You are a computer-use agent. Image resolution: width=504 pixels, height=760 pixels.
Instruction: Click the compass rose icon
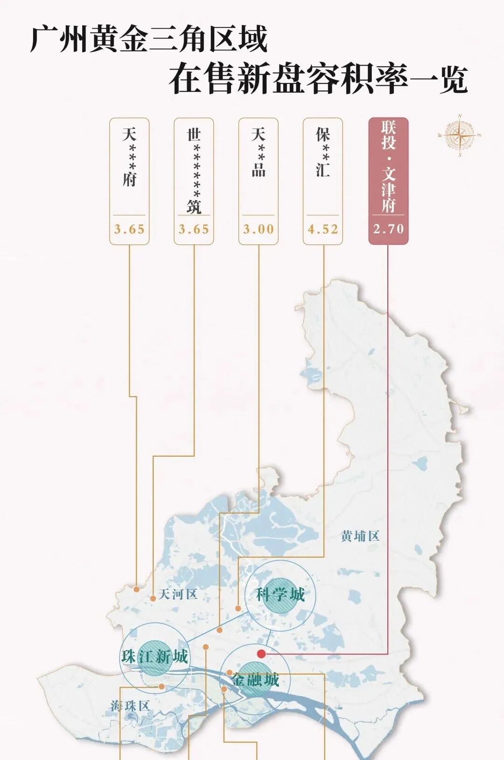(x=460, y=136)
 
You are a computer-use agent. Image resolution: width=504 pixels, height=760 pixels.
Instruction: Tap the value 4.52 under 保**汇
(x=323, y=230)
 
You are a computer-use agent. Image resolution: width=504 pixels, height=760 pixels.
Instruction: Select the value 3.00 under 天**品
(x=259, y=230)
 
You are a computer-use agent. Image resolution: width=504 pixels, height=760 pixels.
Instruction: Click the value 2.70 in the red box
(x=388, y=229)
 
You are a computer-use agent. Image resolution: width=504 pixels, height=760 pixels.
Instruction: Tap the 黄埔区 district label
(x=360, y=536)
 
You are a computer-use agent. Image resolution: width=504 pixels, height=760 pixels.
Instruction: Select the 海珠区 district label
(x=130, y=706)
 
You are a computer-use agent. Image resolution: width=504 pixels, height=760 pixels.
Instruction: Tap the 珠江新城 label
(x=155, y=657)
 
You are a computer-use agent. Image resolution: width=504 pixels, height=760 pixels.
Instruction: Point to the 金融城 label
(x=255, y=680)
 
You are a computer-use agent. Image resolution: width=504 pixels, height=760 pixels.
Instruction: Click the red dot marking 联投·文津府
(x=261, y=654)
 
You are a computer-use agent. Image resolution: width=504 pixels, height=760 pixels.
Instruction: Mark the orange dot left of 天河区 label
(x=153, y=598)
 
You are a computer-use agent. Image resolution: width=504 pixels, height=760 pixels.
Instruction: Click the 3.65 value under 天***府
(x=129, y=230)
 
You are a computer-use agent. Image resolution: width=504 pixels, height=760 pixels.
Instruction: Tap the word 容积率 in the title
(x=349, y=80)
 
